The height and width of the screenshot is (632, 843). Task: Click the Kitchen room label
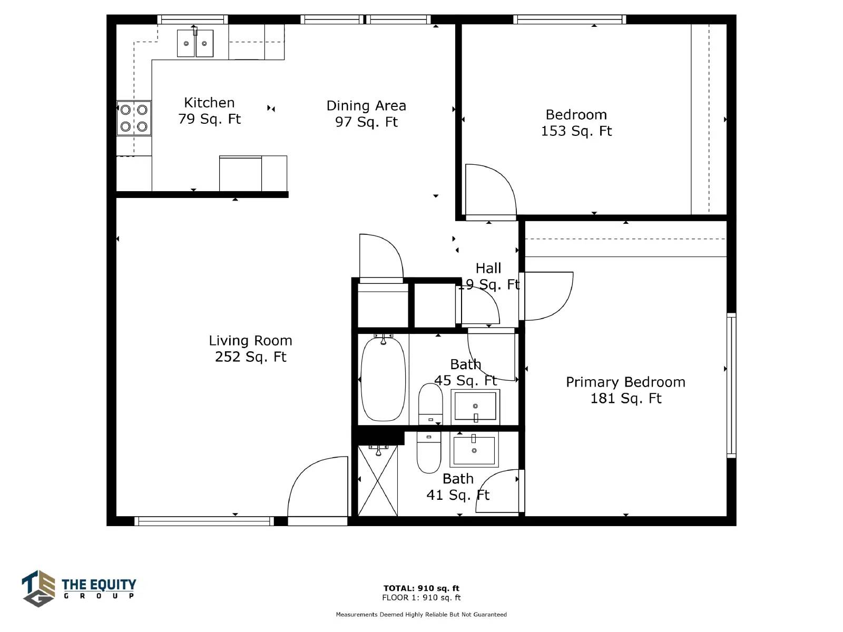(209, 103)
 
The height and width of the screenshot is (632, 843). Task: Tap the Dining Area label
(366, 105)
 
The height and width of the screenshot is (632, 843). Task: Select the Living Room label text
(250, 340)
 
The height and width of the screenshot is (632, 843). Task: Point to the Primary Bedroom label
(625, 382)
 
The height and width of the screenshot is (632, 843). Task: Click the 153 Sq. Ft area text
(576, 131)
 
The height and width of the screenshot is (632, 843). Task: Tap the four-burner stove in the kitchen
(134, 118)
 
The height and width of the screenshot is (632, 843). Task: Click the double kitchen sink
(195, 43)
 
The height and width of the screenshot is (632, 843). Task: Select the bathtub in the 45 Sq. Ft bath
(383, 379)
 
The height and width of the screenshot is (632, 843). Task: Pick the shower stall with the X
(378, 480)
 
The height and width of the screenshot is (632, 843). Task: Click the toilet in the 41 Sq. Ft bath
(428, 453)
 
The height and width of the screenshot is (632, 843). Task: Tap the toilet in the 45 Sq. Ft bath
(430, 404)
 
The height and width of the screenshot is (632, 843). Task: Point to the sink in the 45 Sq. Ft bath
(475, 407)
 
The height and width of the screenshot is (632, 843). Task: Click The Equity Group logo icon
(38, 588)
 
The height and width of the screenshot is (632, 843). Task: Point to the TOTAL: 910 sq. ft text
(421, 588)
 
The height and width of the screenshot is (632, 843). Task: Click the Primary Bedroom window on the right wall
(731, 386)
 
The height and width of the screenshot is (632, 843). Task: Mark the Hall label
(488, 268)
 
